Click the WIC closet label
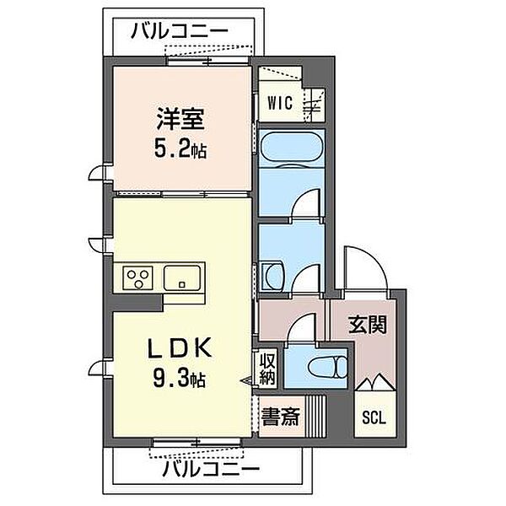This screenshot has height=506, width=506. click(x=280, y=103)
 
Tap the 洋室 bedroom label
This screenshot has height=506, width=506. click(x=180, y=119)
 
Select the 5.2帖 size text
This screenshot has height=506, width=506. click(x=180, y=149)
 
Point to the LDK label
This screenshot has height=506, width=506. click(x=180, y=347)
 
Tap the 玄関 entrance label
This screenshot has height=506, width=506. click(x=368, y=325)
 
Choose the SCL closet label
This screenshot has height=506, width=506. click(x=374, y=418)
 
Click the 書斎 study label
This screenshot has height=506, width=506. click(x=281, y=417)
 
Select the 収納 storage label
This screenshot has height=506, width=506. click(x=268, y=369)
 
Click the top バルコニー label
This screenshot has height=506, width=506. click(x=180, y=31)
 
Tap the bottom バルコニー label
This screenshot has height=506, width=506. click(x=211, y=469)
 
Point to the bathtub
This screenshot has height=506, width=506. click(x=292, y=148)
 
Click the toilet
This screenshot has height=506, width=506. click(x=327, y=367)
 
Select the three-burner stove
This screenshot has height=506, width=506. click(x=137, y=278)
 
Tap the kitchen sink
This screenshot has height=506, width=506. click(x=182, y=278)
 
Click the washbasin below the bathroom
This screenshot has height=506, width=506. click(x=272, y=276)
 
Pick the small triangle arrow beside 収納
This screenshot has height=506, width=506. click(x=246, y=381)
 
